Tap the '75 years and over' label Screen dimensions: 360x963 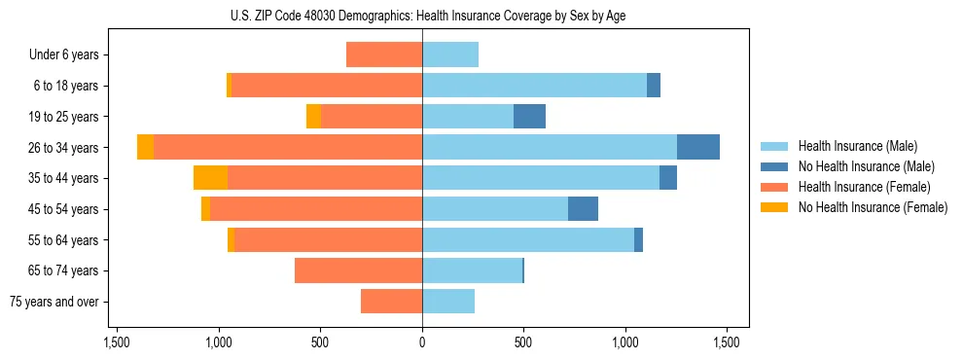(x=54, y=302)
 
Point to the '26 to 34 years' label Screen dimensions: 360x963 (x=64, y=148)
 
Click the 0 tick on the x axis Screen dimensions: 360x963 (x=422, y=343)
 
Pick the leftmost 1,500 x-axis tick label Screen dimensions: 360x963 (x=117, y=343)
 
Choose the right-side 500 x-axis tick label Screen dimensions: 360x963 (x=523, y=343)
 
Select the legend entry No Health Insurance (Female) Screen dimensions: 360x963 (x=873, y=207)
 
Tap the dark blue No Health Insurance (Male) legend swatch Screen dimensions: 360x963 (x=774, y=166)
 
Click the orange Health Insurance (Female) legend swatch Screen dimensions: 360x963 (x=774, y=187)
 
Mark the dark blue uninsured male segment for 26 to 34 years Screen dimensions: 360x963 (x=698, y=147)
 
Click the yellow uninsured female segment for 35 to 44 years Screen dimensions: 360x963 (x=210, y=178)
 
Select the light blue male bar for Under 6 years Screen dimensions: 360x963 (x=450, y=54)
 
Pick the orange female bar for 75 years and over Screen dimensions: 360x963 (x=391, y=302)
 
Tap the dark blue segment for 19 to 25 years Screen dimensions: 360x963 (x=529, y=117)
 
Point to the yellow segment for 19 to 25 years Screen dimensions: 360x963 (x=313, y=117)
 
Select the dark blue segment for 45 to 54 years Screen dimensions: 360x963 (x=583, y=209)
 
